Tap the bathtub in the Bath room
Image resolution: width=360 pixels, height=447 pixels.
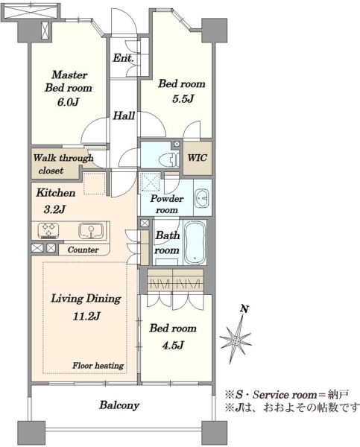click(x=195, y=242)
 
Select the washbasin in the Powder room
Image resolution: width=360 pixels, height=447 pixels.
click(x=202, y=197)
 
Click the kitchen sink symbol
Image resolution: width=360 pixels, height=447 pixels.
click(x=91, y=231)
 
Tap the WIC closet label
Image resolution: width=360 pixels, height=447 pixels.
click(x=197, y=157)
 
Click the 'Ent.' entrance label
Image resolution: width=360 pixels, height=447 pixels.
click(x=123, y=58)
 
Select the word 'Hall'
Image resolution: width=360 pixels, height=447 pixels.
click(x=124, y=115)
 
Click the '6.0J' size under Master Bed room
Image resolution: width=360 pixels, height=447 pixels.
click(x=68, y=102)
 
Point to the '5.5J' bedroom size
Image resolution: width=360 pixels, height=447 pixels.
click(x=183, y=99)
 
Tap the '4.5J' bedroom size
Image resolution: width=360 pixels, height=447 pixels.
click(x=173, y=345)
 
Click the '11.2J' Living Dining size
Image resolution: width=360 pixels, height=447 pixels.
click(x=86, y=316)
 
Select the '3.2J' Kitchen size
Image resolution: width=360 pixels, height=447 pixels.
click(x=54, y=209)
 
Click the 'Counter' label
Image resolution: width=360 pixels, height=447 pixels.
click(x=83, y=250)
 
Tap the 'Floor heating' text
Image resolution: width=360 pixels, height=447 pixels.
click(x=98, y=366)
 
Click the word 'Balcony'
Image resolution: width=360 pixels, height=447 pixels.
click(x=119, y=405)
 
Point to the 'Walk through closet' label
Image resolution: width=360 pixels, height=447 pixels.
click(x=63, y=164)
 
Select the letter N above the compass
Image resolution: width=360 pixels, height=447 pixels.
click(x=244, y=308)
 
